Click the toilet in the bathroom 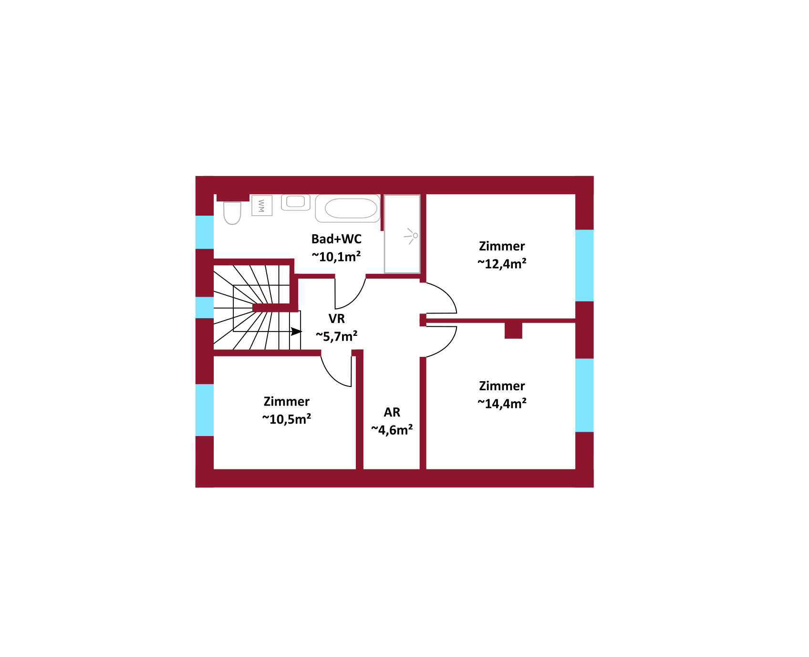pyautogui.click(x=232, y=213)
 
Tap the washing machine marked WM pyautogui.click(x=262, y=206)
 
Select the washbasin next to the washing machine pyautogui.click(x=296, y=202)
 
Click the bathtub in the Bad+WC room pyautogui.click(x=348, y=209)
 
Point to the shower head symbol pyautogui.click(x=411, y=236)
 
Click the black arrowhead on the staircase pyautogui.click(x=296, y=331)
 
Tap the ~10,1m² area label pyautogui.click(x=336, y=257)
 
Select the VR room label pyautogui.click(x=336, y=318)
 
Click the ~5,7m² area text pyautogui.click(x=336, y=336)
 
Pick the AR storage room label pyautogui.click(x=392, y=412)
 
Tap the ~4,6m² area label pyautogui.click(x=392, y=430)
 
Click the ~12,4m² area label pyautogui.click(x=502, y=264)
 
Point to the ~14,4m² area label pyautogui.click(x=502, y=404)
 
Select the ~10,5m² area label pyautogui.click(x=286, y=419)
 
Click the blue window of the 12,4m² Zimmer pyautogui.click(x=584, y=265)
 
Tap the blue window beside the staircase pyautogui.click(x=205, y=308)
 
